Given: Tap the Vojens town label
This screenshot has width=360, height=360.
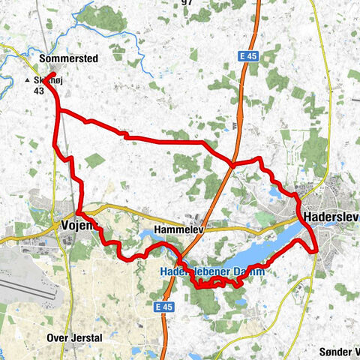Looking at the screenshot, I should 78,225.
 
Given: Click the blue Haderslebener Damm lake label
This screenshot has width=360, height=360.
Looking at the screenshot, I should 211,272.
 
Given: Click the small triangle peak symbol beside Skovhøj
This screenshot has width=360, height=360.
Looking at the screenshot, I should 28,80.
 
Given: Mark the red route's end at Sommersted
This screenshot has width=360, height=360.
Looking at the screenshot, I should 54,74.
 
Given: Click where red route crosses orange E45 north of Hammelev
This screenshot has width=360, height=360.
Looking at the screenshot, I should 232,162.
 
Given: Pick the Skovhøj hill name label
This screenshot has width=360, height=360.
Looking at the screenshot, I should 47,80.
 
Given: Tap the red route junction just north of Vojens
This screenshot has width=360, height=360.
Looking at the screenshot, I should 77,212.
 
